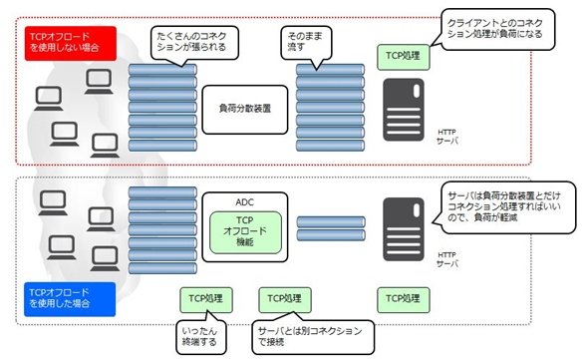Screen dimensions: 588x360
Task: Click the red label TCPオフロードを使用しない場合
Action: click(x=71, y=43)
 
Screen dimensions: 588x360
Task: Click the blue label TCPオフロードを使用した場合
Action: click(x=70, y=299)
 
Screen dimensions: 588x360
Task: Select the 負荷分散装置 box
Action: click(x=245, y=110)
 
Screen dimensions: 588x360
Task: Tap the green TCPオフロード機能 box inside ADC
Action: click(x=245, y=232)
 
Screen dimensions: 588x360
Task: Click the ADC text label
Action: click(x=244, y=202)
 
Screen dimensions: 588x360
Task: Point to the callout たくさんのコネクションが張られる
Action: click(x=194, y=43)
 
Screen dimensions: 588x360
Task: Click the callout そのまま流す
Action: click(x=306, y=43)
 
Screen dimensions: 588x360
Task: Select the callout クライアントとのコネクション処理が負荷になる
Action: click(x=495, y=29)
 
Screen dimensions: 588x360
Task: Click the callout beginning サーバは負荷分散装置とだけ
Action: click(x=504, y=207)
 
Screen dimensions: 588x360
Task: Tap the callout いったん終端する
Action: click(x=201, y=336)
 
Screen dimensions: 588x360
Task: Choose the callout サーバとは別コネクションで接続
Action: click(x=313, y=336)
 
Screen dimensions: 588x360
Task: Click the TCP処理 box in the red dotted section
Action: click(x=403, y=57)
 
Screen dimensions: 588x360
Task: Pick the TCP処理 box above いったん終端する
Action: click(x=206, y=299)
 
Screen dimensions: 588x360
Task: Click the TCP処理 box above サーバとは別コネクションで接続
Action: click(x=285, y=299)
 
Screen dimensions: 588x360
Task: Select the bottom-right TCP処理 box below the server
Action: click(x=403, y=299)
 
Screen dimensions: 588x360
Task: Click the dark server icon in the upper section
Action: click(x=404, y=110)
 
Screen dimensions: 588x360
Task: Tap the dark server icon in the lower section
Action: click(x=404, y=229)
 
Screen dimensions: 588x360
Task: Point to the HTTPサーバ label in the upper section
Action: click(x=447, y=137)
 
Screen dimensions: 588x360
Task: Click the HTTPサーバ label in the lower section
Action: click(x=447, y=259)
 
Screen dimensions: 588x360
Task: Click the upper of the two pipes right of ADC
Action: click(x=331, y=221)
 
